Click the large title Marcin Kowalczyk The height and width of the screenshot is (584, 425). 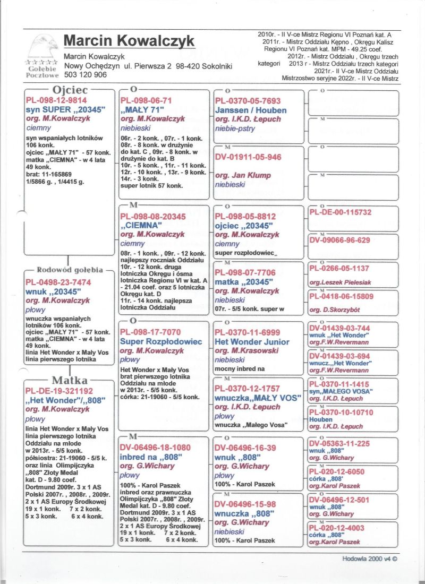(129, 41)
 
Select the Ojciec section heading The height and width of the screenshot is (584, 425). (70, 90)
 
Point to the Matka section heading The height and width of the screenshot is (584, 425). (70, 380)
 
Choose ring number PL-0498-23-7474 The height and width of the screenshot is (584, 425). (58, 282)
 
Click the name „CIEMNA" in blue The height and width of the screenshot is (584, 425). (141, 225)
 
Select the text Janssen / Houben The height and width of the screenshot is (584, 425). (251, 110)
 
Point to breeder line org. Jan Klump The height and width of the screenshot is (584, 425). (243, 175)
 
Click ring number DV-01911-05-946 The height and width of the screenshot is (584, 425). (248, 157)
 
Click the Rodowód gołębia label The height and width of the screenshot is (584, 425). (71, 269)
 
